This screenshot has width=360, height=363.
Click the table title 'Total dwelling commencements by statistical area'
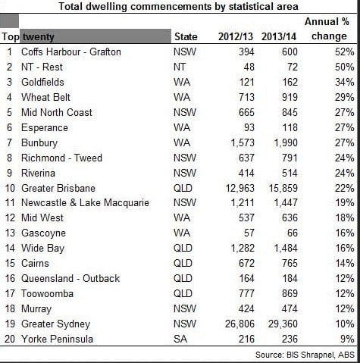178,6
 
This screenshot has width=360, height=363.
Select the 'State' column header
186,36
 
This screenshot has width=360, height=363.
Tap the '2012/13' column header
236,36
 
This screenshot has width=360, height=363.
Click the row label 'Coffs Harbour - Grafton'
71,52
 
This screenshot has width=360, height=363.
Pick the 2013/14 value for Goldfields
290,82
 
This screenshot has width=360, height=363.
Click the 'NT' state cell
180,67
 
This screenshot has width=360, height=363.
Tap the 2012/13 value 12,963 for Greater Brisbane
239,188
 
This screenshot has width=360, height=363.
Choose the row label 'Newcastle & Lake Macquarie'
85,202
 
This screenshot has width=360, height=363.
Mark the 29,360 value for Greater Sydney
283,324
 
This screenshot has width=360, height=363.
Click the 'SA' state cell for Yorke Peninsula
180,339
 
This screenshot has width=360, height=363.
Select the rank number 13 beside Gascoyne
11,233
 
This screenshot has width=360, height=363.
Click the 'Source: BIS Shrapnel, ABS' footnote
305,355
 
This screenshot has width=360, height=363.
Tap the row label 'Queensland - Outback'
70,278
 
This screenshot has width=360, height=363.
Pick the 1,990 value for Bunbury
286,142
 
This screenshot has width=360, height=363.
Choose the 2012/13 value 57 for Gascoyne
249,233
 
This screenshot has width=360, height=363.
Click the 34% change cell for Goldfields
344,82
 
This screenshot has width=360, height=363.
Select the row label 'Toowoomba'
47,293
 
